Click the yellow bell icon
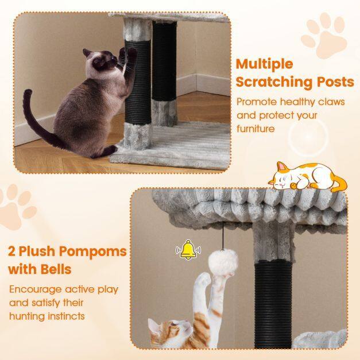click(188, 250)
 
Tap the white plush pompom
click(223, 262)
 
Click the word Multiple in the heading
click(265, 64)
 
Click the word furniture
click(256, 129)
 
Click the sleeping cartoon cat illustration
click(308, 176)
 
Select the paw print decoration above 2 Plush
click(17, 207)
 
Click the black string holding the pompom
click(223, 236)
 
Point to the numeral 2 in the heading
click(11, 251)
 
